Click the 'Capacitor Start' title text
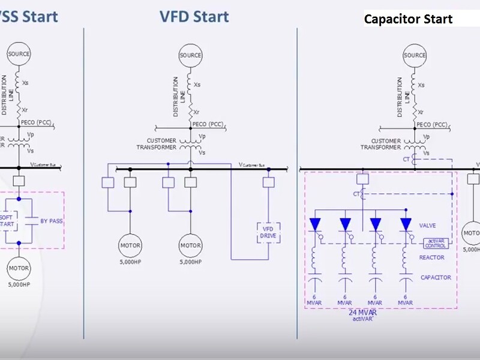[x=409, y=19]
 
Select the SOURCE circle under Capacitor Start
[x=414, y=56]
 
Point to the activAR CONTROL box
[x=436, y=243]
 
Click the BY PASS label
[x=52, y=221]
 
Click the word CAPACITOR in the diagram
[x=436, y=277]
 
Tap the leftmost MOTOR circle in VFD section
[x=130, y=245]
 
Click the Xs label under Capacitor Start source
[x=422, y=85]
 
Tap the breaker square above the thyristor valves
[x=361, y=179]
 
